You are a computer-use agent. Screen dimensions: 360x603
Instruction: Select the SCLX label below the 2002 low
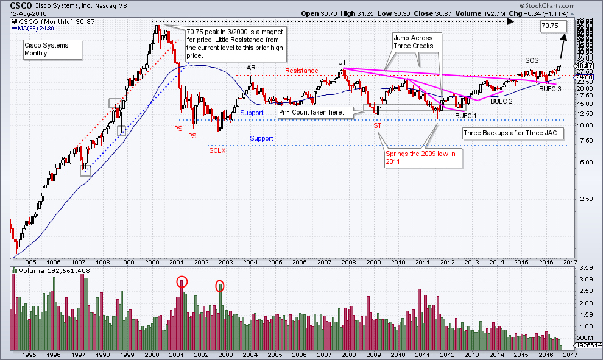[x=217, y=150]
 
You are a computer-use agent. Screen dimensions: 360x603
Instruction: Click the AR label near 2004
[x=250, y=67]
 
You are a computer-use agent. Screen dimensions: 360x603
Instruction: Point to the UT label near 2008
[x=342, y=62]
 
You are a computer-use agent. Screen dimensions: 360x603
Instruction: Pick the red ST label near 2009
[x=377, y=125]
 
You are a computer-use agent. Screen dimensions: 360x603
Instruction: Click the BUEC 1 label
[x=466, y=115]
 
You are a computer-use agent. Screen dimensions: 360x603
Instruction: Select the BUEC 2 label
[x=501, y=102]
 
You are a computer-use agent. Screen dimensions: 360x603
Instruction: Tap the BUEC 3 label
[x=550, y=89]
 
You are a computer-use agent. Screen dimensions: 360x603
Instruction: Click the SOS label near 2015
[x=532, y=61]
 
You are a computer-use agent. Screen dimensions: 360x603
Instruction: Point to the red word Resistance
[x=301, y=71]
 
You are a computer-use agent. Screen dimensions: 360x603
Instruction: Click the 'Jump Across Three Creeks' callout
[x=413, y=42]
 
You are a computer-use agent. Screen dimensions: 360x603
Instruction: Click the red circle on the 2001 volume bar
[x=182, y=281]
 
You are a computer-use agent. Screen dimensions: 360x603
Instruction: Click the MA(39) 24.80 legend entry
[x=30, y=27]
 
